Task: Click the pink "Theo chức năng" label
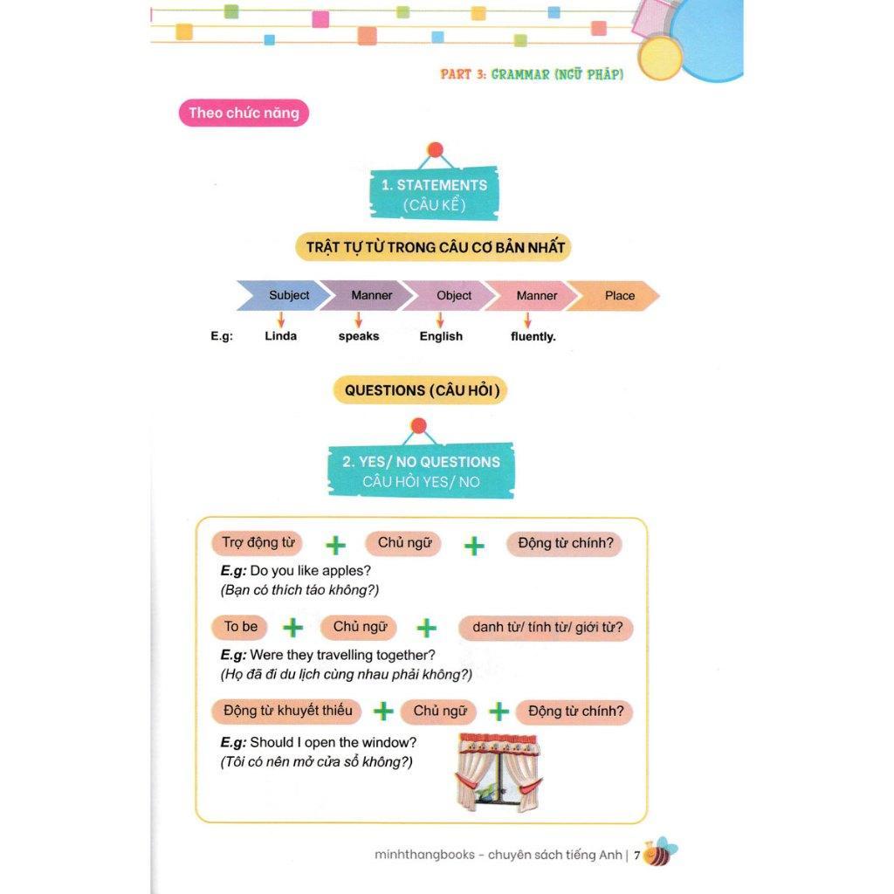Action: pyautogui.click(x=244, y=113)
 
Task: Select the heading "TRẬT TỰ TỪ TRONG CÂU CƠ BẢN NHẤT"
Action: pyautogui.click(x=436, y=247)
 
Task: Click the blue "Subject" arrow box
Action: pyautogui.click(x=284, y=295)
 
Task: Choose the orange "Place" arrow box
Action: pyautogui.click(x=616, y=295)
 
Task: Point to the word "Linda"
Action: pyautogui.click(x=280, y=336)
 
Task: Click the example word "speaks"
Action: pyautogui.click(x=359, y=336)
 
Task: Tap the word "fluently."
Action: pyautogui.click(x=533, y=336)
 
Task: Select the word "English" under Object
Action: pyautogui.click(x=441, y=336)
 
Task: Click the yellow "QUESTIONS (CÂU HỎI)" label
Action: pyautogui.click(x=420, y=390)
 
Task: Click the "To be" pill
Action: pyautogui.click(x=241, y=627)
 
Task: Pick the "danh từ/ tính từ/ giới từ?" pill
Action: pyautogui.click(x=546, y=628)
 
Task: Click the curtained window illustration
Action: pyautogui.click(x=498, y=772)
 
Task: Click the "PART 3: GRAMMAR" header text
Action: pyautogui.click(x=532, y=74)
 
